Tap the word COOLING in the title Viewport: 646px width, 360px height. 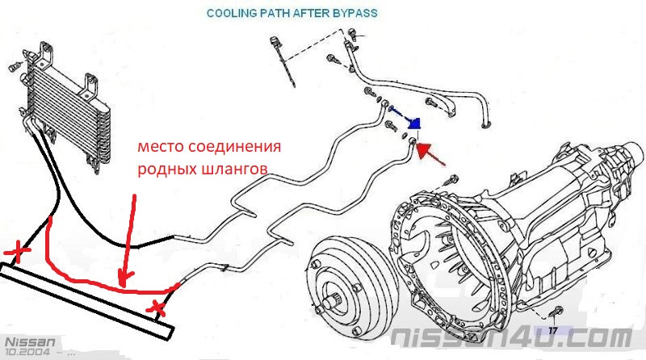tap(233, 14)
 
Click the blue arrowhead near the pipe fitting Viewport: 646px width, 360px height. tap(415, 123)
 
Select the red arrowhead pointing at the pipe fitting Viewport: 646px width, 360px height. tap(425, 150)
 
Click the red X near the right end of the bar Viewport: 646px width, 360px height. tap(159, 307)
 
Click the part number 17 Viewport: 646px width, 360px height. tap(553, 330)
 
